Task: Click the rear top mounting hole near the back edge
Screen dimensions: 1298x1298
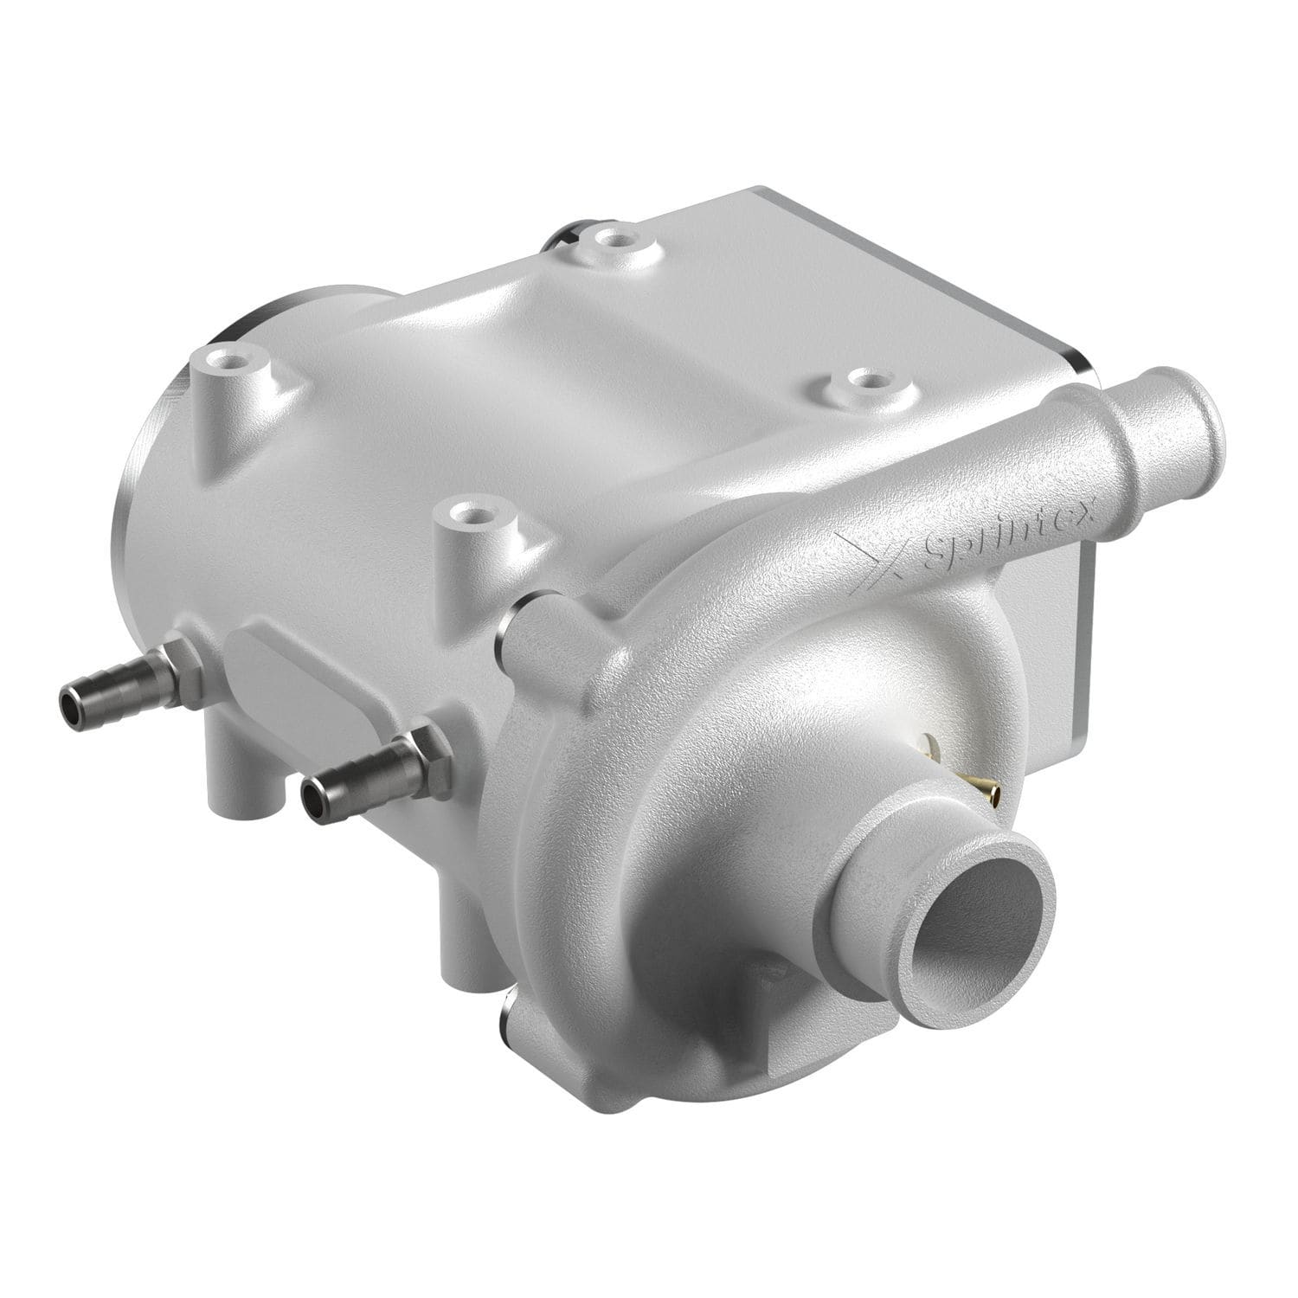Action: pyautogui.click(x=615, y=235)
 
